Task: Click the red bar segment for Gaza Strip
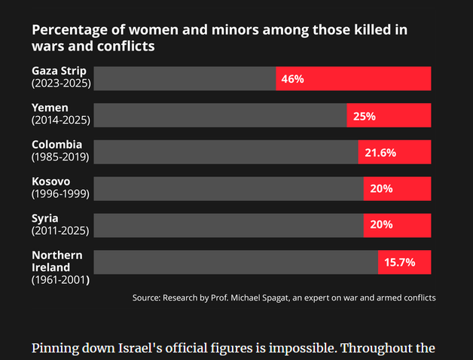pos(353,78)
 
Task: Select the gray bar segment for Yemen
pos(220,115)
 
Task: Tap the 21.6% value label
pos(380,153)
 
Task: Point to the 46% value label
pos(292,79)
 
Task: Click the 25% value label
pos(365,116)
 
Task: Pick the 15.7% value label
pos(400,262)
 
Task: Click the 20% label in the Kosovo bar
pos(381,188)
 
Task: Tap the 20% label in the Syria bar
pos(381,224)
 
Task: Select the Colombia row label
pos(56,145)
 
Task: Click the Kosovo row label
pos(50,182)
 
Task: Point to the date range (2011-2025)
pos(60,231)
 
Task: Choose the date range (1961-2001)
pos(60,280)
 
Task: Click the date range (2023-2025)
pos(61,84)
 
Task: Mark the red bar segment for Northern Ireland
pos(404,262)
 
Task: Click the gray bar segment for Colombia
pos(226,152)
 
